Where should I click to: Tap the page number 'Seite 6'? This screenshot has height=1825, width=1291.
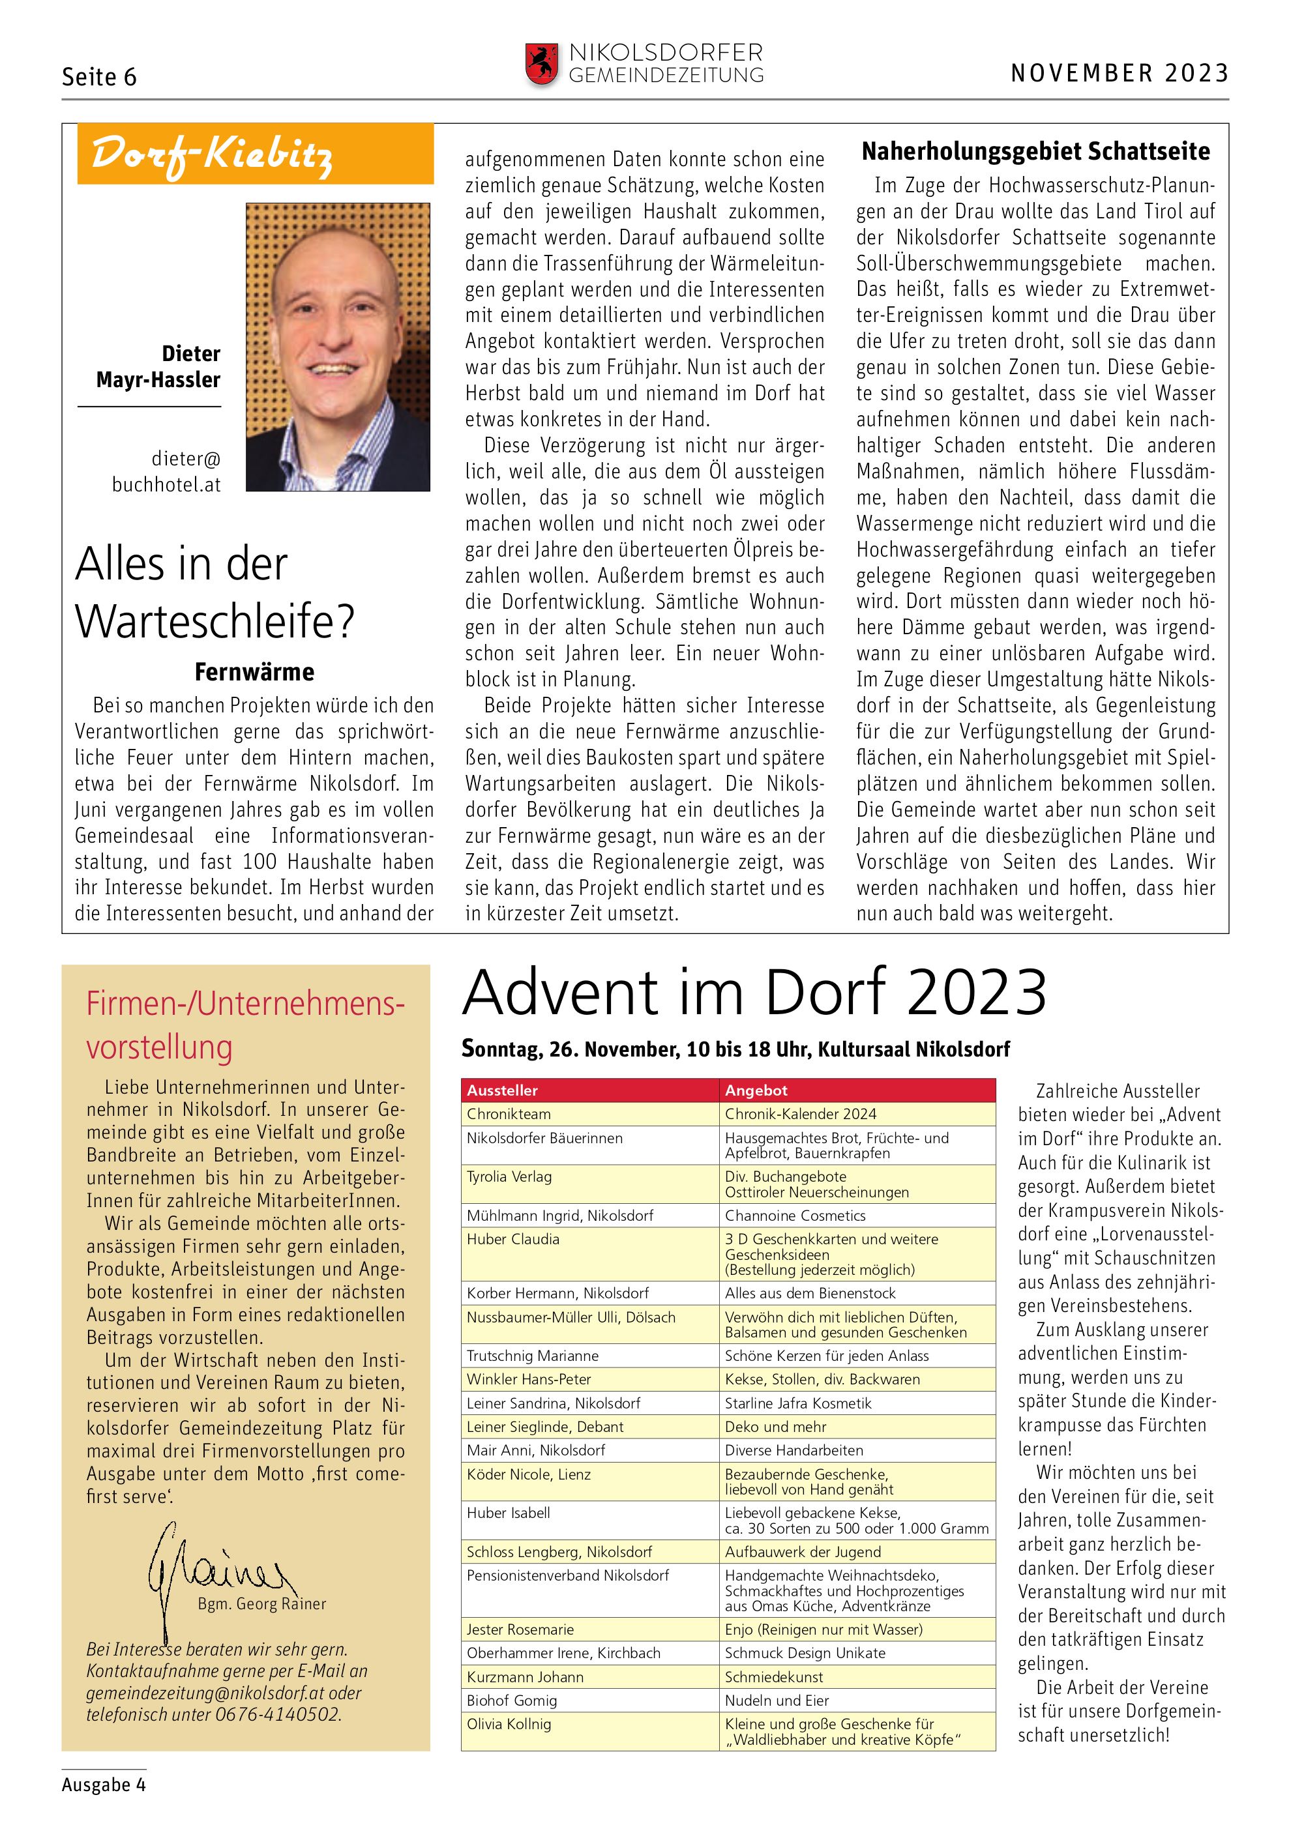click(x=99, y=77)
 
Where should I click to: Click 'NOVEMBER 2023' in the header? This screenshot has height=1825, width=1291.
click(x=1120, y=74)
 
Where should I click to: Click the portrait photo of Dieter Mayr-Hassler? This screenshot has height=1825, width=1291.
click(x=338, y=347)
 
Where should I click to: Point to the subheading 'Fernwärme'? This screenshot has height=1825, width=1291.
click(x=254, y=673)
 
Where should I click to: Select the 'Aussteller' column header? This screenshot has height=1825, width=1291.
click(x=503, y=1090)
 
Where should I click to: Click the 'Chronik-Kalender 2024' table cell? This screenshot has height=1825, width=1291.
click(x=801, y=1114)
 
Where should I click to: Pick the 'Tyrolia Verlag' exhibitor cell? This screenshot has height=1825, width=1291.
click(x=510, y=1176)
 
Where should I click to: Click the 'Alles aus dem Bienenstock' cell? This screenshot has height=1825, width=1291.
click(x=810, y=1293)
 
